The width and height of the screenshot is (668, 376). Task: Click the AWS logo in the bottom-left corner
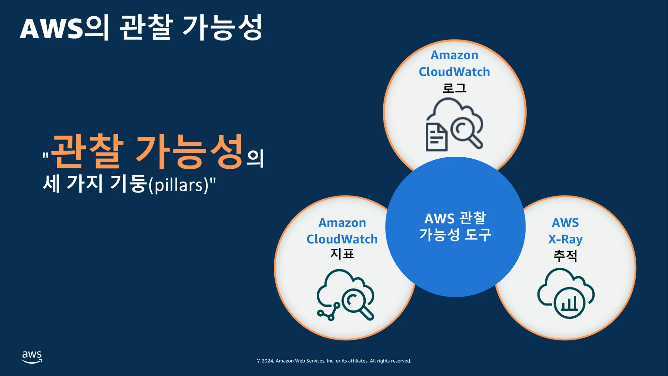click(x=32, y=357)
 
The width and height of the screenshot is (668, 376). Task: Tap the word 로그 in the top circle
click(x=454, y=88)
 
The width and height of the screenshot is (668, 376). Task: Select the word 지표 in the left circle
click(x=342, y=254)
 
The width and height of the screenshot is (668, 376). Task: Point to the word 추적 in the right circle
click(x=565, y=256)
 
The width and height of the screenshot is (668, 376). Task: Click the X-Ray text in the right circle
click(x=565, y=239)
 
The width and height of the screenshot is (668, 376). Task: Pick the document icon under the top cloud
click(x=436, y=137)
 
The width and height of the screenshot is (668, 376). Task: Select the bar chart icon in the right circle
click(x=569, y=303)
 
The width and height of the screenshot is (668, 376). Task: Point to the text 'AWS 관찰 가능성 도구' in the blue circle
click(x=455, y=227)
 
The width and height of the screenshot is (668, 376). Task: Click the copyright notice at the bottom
click(x=334, y=361)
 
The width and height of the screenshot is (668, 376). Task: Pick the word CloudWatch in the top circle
click(x=454, y=72)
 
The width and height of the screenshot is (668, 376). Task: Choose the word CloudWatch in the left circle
click(x=342, y=239)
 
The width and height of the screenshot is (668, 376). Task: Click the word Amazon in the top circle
click(x=454, y=55)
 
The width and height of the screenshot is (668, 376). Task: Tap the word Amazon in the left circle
click(x=342, y=223)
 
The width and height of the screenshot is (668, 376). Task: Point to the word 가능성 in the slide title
click(x=222, y=28)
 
